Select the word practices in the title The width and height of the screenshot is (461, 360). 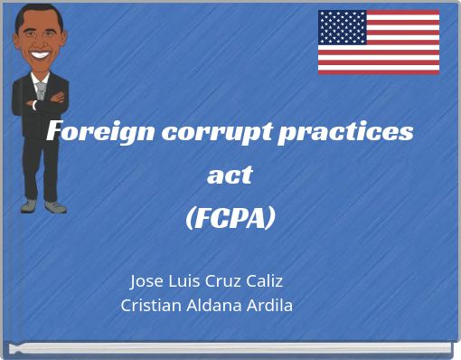(347, 132)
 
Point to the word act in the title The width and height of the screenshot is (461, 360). (230, 175)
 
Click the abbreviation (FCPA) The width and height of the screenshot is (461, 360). (230, 218)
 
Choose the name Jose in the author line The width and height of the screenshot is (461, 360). (147, 280)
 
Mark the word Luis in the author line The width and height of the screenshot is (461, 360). (180, 280)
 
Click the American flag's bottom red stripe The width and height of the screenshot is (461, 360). (378, 71)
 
